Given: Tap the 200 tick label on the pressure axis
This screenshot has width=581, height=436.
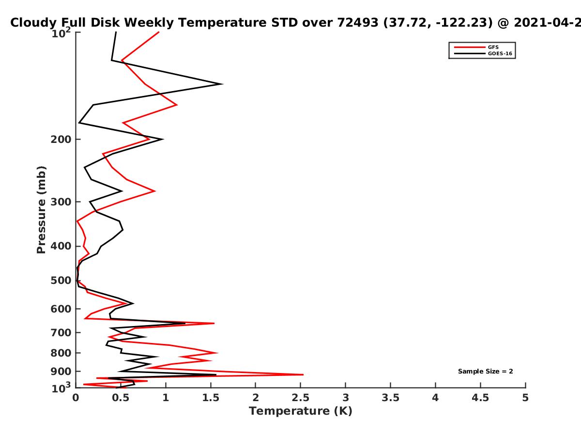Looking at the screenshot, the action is pos(61,139).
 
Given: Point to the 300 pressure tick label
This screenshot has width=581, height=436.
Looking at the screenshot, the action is pos(61,202).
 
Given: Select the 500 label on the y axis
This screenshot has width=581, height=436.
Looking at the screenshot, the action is pos(61,280).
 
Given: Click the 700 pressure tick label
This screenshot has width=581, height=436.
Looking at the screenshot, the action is pos(61,332).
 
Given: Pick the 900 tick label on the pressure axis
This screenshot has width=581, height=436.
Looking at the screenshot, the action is pos(61,372).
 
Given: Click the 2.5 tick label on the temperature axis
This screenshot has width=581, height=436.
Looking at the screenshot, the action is pos(301,398).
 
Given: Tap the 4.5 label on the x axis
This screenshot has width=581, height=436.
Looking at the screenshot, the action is pos(480,398).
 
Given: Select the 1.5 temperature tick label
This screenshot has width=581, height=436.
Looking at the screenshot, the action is pos(211,398).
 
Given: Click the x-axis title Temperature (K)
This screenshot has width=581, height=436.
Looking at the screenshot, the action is pos(301,411).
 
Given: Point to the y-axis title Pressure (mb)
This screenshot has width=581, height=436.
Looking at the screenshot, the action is pos(41,210).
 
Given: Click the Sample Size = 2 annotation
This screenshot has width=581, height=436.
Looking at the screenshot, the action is pos(486,371).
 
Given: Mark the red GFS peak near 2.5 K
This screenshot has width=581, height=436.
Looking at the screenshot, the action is pos(303,374).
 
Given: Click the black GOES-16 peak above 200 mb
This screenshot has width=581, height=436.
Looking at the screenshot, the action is pos(222,84).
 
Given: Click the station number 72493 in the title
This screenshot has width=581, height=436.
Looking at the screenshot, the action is pos(358,22).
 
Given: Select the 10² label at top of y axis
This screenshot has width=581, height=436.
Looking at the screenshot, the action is pos(61,33).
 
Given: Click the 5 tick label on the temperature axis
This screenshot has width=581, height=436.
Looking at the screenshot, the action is pos(525,398).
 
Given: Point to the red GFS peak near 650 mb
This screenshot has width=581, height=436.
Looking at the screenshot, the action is pos(214,323).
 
